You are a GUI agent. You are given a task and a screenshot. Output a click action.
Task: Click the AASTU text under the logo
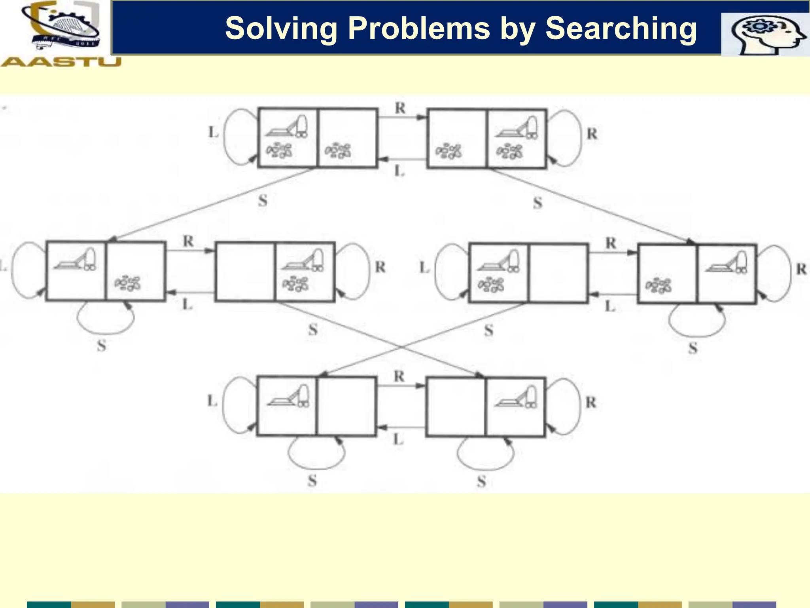point(61,62)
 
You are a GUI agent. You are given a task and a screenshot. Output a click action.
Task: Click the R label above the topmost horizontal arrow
point(400,108)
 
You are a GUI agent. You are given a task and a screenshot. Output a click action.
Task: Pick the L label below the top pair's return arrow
point(399,171)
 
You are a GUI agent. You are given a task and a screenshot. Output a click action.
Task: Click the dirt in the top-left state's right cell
point(338,151)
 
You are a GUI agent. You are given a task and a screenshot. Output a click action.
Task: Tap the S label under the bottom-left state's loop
point(312,481)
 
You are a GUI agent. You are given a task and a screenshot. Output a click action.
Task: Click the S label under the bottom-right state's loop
point(481,482)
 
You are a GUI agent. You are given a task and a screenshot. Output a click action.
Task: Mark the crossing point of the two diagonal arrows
point(401,347)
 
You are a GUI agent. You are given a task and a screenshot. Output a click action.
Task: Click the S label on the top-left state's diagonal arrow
point(263,201)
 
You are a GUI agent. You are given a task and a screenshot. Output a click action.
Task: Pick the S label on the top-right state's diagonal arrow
point(537,203)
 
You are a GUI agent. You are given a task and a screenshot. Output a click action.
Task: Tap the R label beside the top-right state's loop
point(592,134)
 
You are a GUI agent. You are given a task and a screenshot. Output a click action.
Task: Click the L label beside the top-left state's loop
point(214,132)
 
